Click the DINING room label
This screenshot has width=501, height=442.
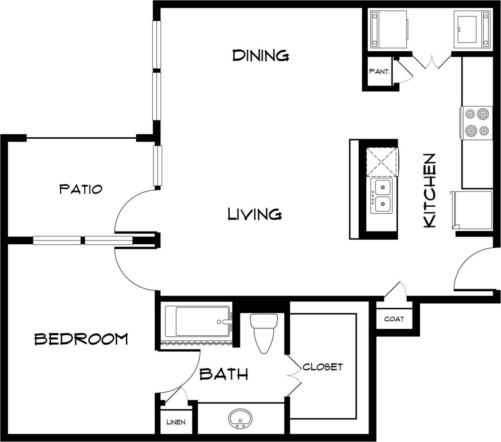pyautogui.click(x=261, y=55)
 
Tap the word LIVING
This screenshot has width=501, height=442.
pyautogui.click(x=254, y=214)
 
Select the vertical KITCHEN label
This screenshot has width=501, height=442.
pyautogui.click(x=429, y=190)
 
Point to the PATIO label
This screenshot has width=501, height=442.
pyautogui.click(x=80, y=189)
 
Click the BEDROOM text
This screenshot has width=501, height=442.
pyautogui.click(x=81, y=339)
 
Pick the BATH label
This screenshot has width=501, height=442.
pyautogui.click(x=224, y=374)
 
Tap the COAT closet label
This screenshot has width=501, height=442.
pyautogui.click(x=394, y=319)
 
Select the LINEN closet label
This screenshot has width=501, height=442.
pyautogui.click(x=176, y=422)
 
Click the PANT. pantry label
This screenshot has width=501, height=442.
pyautogui.click(x=379, y=71)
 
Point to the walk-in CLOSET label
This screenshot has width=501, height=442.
pyautogui.click(x=323, y=366)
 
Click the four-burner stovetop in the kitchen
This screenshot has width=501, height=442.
pyautogui.click(x=477, y=122)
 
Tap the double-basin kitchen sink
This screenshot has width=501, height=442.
pyautogui.click(x=382, y=195)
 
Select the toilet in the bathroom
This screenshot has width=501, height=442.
pyautogui.click(x=264, y=332)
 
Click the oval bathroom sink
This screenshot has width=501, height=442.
pyautogui.click(x=240, y=419)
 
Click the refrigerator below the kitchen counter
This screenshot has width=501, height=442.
pyautogui.click(x=473, y=210)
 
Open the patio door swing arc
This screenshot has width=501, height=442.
pyautogui.click(x=131, y=209)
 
